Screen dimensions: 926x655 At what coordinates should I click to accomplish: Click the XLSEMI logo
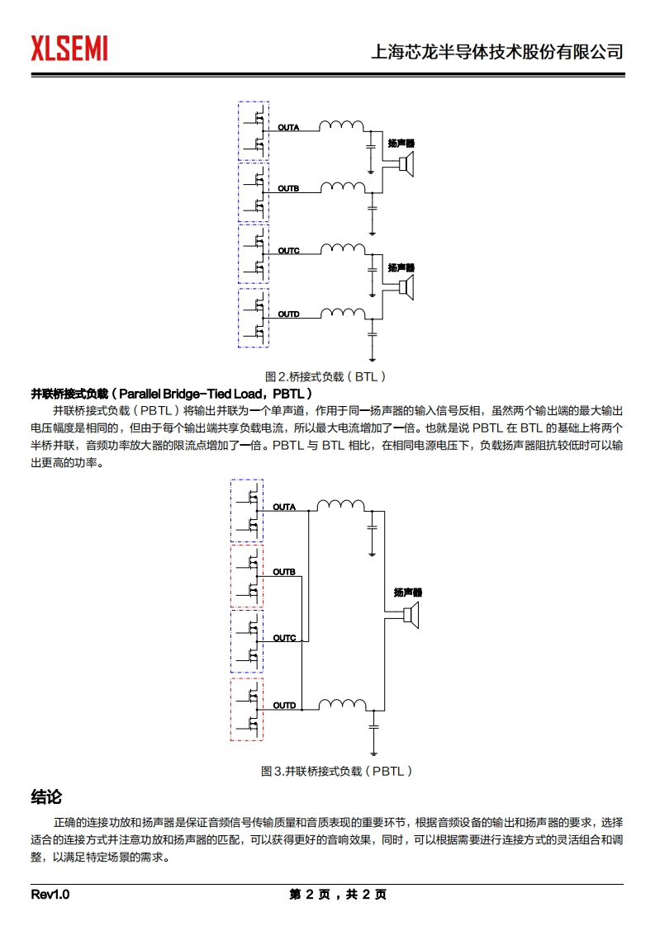coord(69,49)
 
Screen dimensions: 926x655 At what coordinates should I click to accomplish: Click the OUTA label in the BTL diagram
coord(288,128)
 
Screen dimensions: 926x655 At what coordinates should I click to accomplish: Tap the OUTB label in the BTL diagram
coord(288,190)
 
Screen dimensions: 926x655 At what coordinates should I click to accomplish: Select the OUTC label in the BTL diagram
coord(288,250)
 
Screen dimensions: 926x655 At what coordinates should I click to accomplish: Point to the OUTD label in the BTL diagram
coord(288,314)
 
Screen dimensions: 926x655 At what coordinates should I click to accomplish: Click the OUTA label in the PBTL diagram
coord(284,507)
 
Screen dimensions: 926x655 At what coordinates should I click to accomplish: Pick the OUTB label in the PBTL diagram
coord(284,572)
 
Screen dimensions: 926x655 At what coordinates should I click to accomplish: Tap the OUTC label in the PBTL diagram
coord(284,638)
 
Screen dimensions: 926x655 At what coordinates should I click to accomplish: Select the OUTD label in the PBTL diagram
coord(284,706)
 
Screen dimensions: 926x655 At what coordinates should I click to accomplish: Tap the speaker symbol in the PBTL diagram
coord(411,615)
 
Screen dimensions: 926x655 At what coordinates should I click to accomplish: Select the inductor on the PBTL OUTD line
coord(341,704)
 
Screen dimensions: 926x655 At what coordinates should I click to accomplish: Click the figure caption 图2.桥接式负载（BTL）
coord(325,376)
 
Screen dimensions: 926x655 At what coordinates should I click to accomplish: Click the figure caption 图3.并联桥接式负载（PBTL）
coord(336,771)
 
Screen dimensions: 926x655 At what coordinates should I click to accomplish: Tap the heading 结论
coord(46,797)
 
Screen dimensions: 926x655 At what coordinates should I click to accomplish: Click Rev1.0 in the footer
coord(50,895)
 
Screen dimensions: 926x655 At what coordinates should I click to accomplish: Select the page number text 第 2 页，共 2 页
coord(338,895)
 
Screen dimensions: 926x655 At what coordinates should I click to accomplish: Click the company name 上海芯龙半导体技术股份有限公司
coord(498,52)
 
